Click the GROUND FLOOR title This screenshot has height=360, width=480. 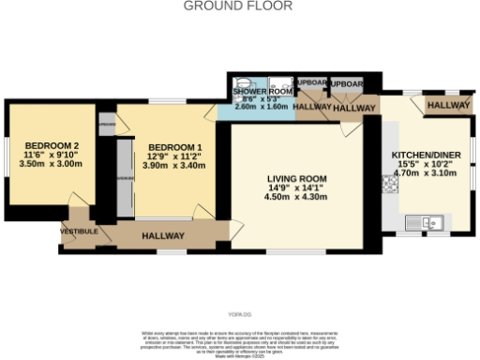tap(237, 6)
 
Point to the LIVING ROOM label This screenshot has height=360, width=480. tap(295, 178)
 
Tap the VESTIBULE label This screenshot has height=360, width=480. tap(80, 231)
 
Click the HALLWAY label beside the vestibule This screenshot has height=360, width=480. tap(163, 236)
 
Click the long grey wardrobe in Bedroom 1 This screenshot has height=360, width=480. tap(122, 178)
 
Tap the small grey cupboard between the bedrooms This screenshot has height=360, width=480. tap(107, 123)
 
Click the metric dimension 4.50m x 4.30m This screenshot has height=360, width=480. tap(295, 198)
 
